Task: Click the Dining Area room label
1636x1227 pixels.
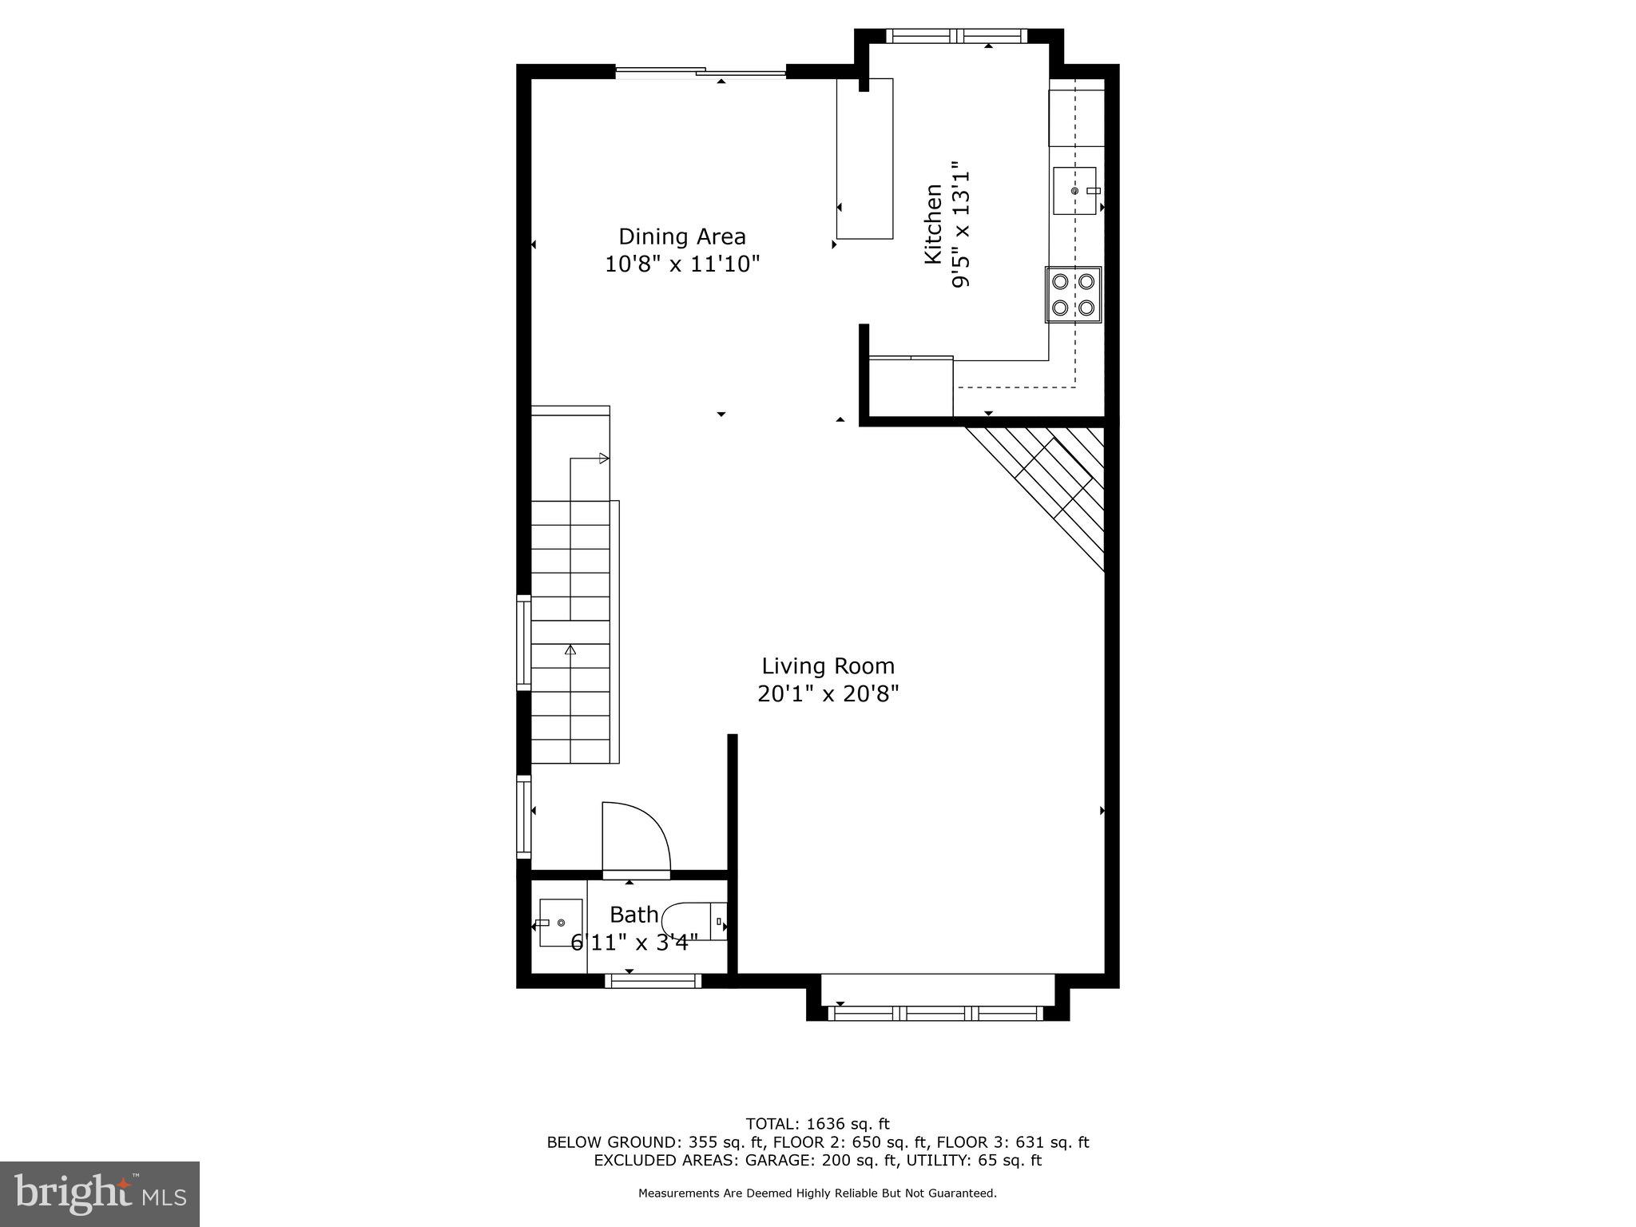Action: pos(681,236)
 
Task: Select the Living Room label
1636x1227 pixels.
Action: pos(828,666)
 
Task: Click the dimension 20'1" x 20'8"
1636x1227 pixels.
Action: pos(828,693)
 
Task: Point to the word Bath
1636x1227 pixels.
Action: pos(634,915)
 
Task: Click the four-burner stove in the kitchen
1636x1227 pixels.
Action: pos(1073,294)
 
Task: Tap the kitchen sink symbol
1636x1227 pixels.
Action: pos(1074,191)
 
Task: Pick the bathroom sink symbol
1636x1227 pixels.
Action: pos(561,923)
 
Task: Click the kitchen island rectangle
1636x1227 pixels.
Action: pos(864,158)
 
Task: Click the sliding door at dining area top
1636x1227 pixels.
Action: pos(701,73)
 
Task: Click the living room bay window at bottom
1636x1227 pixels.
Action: pos(936,1013)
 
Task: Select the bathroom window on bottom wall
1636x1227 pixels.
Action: pos(653,980)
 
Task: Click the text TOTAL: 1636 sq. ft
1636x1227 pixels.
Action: pos(817,1124)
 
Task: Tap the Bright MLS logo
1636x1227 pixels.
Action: pos(100,1193)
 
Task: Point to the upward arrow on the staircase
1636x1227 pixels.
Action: pos(570,651)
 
